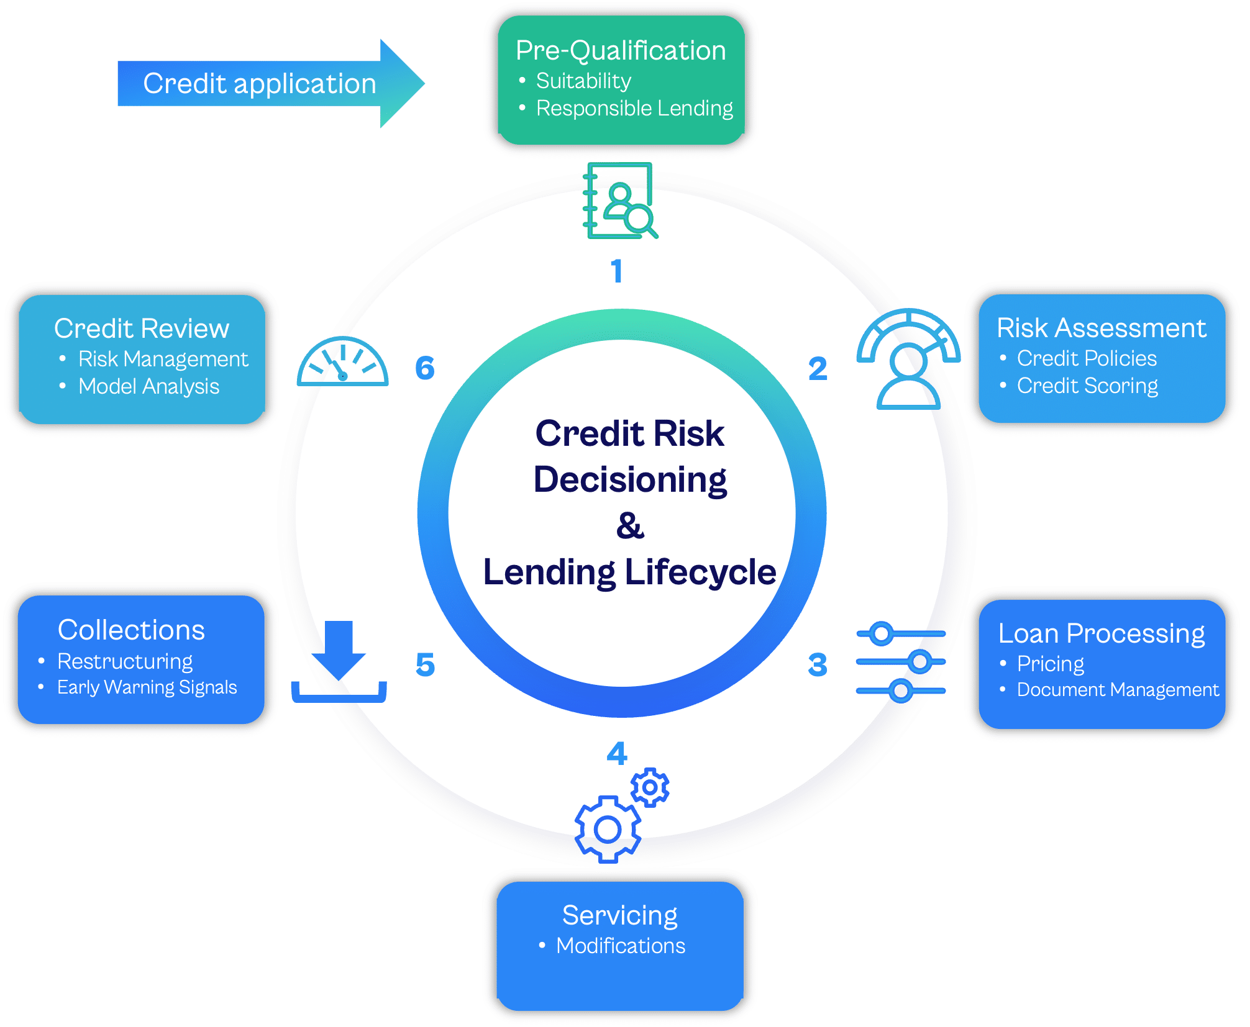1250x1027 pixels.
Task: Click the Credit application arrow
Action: pos(261,83)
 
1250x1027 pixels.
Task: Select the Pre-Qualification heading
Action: pos(620,50)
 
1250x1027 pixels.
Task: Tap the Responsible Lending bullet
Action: pos(634,108)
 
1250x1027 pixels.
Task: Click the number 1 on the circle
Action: pos(616,271)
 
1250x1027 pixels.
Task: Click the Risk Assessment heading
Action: pos(1101,328)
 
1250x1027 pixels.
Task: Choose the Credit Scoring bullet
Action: pos(1087,386)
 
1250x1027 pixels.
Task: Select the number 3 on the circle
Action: pos(818,665)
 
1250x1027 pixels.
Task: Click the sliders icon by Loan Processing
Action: pos(901,662)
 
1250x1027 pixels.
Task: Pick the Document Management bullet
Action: pos(1117,689)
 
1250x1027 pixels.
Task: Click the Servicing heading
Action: pos(619,915)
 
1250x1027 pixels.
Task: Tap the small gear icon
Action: pos(650,787)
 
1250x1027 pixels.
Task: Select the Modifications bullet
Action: pos(620,946)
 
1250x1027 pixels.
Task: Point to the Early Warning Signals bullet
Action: pos(147,687)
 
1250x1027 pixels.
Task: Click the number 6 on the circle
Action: pos(425,368)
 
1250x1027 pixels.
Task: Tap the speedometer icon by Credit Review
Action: pos(343,363)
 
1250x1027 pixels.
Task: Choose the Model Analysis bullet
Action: pos(148,386)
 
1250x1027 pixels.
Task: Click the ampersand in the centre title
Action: pos(630,525)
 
